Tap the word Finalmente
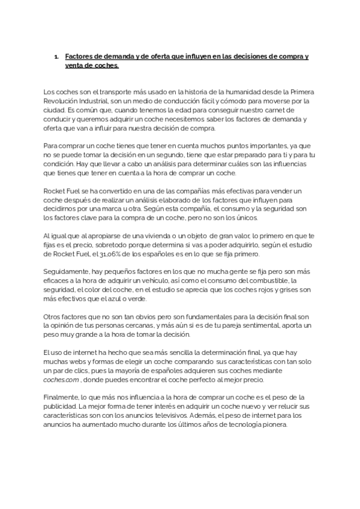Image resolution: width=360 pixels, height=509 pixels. pos(61,397)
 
